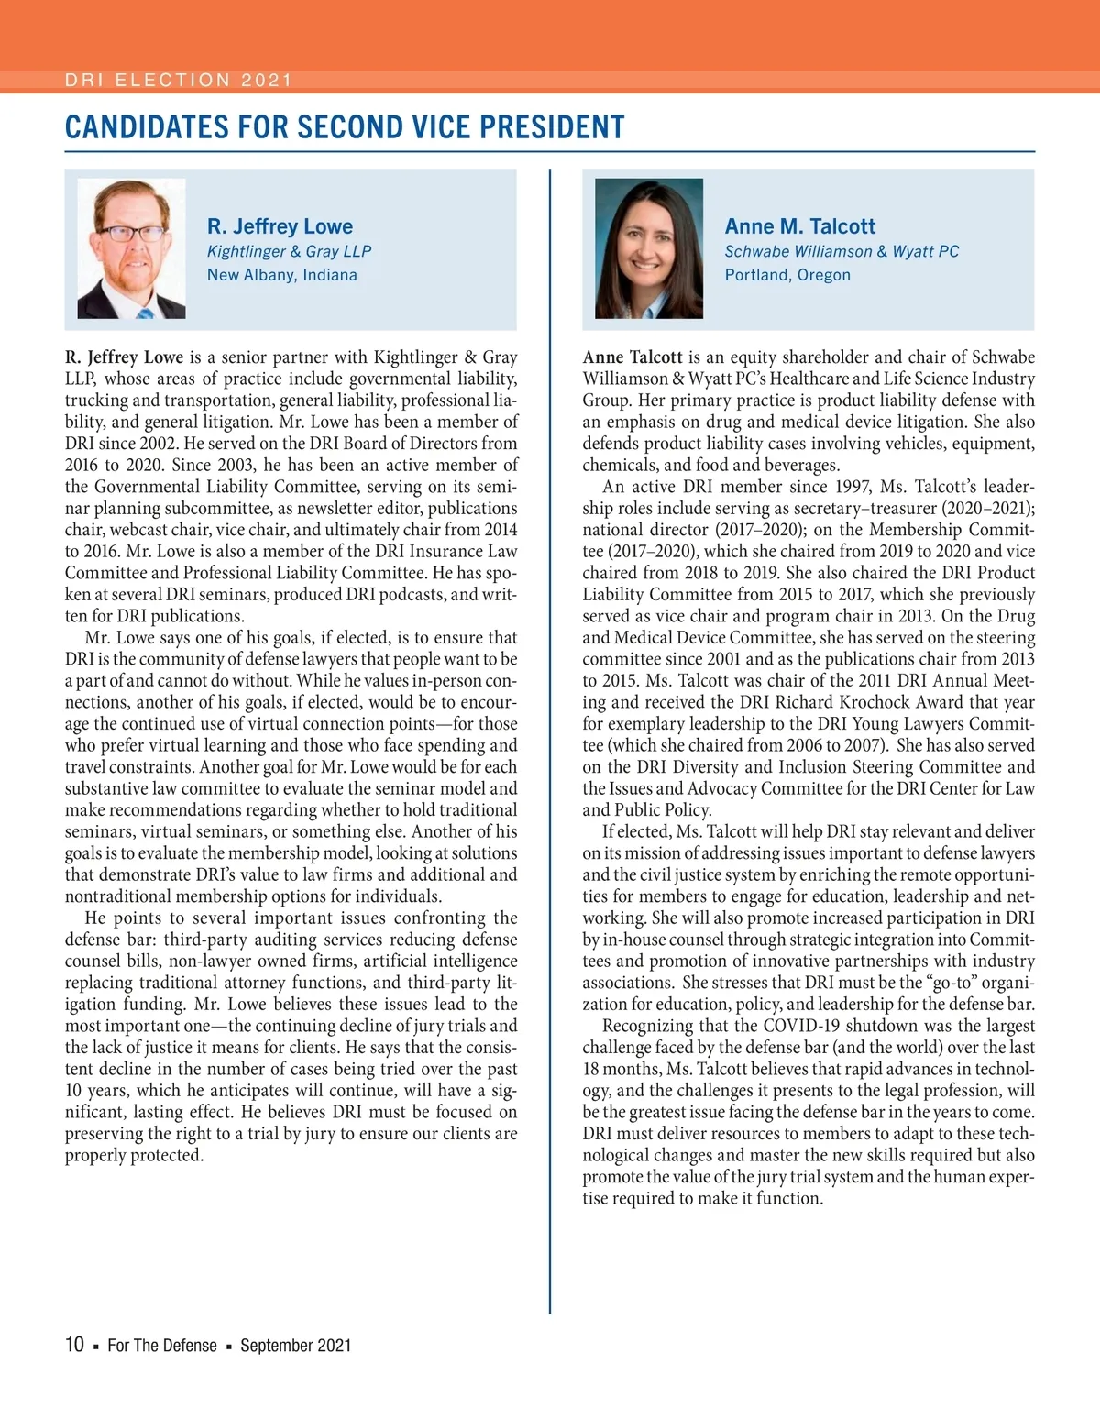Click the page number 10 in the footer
(74, 1345)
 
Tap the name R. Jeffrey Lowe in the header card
(280, 226)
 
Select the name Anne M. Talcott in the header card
(799, 226)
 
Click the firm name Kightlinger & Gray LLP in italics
(289, 251)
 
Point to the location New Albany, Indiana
(281, 275)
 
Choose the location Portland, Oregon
(787, 275)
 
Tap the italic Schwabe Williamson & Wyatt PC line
(841, 251)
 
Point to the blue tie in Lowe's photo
(145, 313)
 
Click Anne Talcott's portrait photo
(649, 248)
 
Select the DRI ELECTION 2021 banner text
(178, 81)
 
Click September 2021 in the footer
(295, 1346)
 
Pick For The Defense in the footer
(162, 1346)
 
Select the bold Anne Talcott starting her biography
(632, 357)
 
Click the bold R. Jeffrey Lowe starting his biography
(125, 357)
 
